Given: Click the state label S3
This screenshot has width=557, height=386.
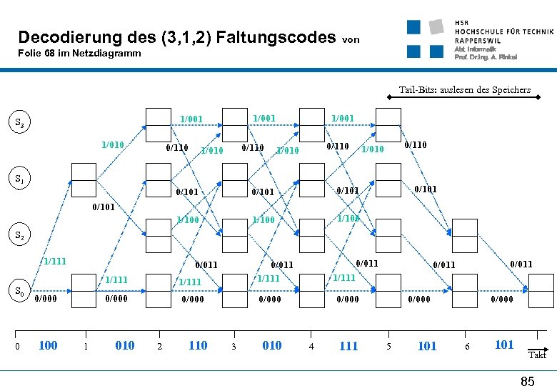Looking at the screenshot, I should tap(19, 122).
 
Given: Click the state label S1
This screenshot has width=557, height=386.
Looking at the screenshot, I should tap(19, 178).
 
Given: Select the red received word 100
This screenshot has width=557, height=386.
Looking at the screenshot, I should tap(48, 345).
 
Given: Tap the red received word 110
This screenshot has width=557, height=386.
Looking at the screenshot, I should tap(198, 345).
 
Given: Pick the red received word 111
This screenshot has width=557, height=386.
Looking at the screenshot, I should tap(348, 346).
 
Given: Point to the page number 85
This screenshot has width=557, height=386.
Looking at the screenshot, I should tap(527, 381).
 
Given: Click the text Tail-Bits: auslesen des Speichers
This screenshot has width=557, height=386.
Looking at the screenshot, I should tap(464, 90).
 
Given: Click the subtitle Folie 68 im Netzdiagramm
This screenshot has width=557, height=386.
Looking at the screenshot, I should tap(79, 54).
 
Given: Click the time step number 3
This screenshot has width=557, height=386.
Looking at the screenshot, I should tap(234, 347).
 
